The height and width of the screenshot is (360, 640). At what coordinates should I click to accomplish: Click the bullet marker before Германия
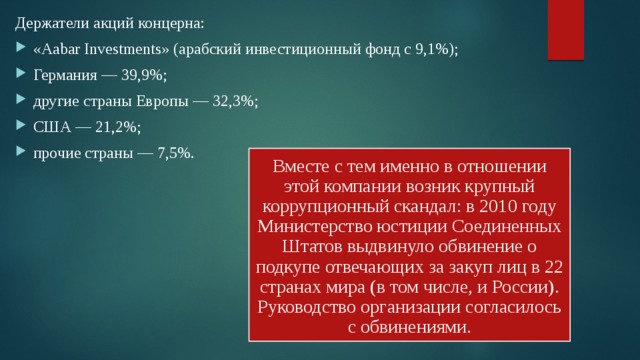point(21,77)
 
